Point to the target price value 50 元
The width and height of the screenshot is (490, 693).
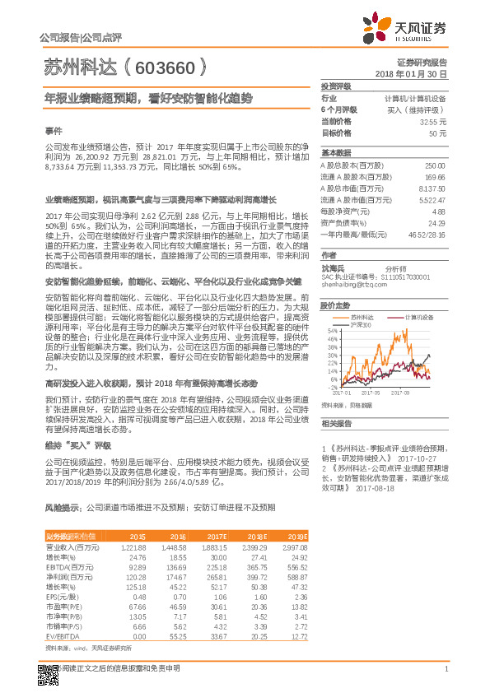point(438,133)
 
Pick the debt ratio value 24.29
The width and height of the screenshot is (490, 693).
point(436,223)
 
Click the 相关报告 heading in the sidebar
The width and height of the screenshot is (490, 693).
point(335,423)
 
